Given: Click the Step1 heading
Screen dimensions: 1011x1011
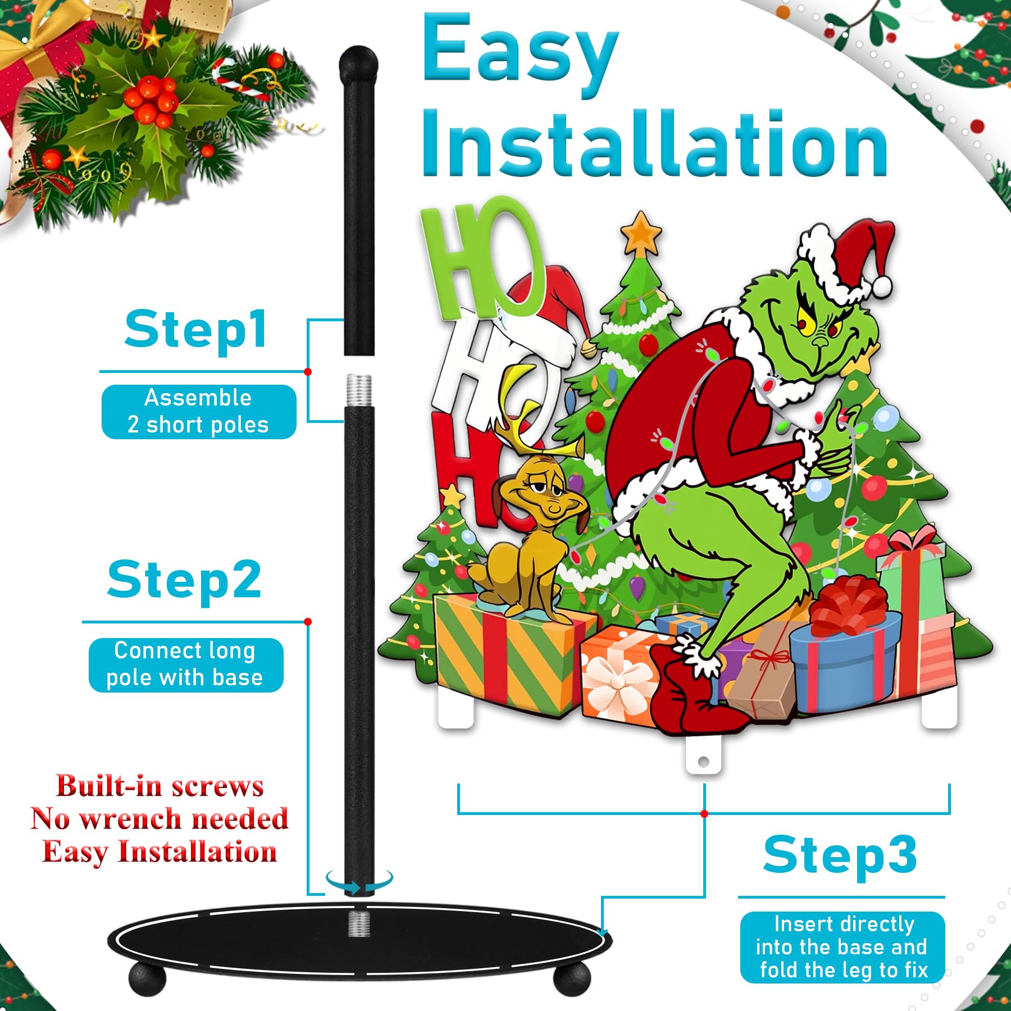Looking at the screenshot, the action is click(x=195, y=330).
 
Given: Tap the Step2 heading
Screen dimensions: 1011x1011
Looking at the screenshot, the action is click(x=184, y=581).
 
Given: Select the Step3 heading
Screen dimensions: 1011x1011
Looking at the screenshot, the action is click(x=840, y=855).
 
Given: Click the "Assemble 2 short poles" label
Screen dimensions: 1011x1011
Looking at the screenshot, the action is click(x=198, y=412).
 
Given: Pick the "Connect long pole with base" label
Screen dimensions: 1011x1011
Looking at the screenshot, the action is click(x=185, y=664).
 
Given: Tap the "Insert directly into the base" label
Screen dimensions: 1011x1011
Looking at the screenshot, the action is click(x=842, y=948).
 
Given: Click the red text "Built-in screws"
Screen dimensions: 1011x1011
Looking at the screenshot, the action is click(x=160, y=786).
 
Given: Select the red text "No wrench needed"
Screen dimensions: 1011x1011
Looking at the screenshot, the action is click(x=160, y=818).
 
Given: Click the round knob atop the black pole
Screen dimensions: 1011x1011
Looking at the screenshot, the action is click(x=359, y=65).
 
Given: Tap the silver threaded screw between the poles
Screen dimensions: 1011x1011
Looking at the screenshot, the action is click(x=358, y=391).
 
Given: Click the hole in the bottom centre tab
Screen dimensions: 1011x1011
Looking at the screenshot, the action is click(x=703, y=762).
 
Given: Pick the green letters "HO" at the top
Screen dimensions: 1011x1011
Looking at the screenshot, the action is click(x=483, y=258).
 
